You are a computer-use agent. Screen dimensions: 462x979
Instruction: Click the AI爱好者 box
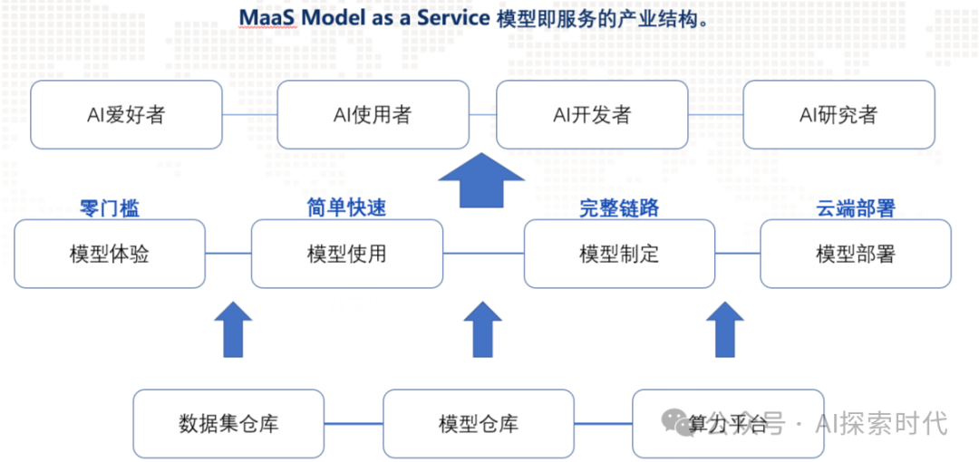coord(126,115)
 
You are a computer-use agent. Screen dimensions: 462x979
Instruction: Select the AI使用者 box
coord(373,115)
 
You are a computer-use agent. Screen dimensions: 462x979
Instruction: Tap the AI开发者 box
coord(592,115)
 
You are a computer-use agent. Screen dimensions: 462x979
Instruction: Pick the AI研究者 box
coord(838,115)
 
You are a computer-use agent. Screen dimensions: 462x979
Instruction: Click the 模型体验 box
coord(110,254)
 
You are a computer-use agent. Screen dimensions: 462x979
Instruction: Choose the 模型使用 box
coord(347,254)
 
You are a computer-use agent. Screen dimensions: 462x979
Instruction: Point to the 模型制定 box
coord(619,254)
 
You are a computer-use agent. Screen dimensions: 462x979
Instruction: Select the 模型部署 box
coord(856,254)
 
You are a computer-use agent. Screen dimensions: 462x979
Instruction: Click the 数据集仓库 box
coord(228,423)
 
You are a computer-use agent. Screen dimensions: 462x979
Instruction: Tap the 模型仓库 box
coord(478,423)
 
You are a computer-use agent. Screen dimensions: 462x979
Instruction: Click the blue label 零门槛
coord(110,208)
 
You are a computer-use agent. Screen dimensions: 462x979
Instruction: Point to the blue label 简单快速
coord(347,207)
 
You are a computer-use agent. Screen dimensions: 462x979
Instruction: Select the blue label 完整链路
coord(619,207)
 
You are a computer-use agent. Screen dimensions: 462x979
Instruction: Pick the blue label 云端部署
coord(856,207)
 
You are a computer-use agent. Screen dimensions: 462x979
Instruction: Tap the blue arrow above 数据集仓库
coord(233,330)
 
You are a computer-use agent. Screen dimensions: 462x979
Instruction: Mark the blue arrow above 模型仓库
coord(481,330)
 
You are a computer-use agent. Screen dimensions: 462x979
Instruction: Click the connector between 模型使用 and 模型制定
coord(483,254)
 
